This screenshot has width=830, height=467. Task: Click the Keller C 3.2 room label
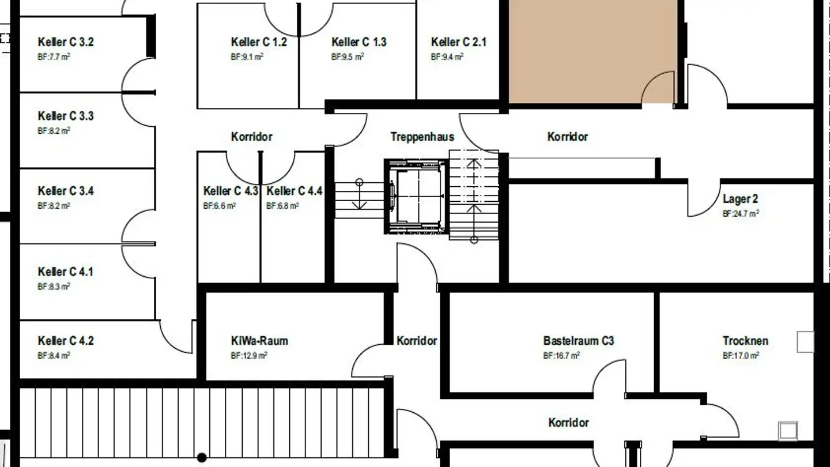pos(65,42)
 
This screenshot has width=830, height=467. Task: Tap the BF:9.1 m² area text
pos(247,57)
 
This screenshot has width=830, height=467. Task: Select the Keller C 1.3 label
pos(359,42)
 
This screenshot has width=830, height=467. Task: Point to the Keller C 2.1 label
pos(458,42)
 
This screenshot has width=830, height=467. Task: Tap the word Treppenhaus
pos(422,137)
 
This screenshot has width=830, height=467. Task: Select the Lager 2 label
pos(740,199)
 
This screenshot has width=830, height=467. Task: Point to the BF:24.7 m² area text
pos(740,213)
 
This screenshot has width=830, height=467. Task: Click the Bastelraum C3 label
pos(578,341)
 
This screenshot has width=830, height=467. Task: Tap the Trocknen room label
pos(745,341)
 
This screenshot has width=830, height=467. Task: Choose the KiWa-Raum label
pos(259,341)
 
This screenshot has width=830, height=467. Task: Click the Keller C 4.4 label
pos(294,191)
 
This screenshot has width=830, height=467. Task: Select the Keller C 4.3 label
pos(231,191)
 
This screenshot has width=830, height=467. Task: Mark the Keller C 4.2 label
pos(65,341)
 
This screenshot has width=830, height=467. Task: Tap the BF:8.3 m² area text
pos(54,286)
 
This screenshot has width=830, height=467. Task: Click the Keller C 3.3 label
pos(65,116)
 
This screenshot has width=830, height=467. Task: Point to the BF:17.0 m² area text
pos(740,356)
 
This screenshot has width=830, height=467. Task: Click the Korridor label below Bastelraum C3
pos(568,423)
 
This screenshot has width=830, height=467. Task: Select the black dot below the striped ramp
pos(202,458)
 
